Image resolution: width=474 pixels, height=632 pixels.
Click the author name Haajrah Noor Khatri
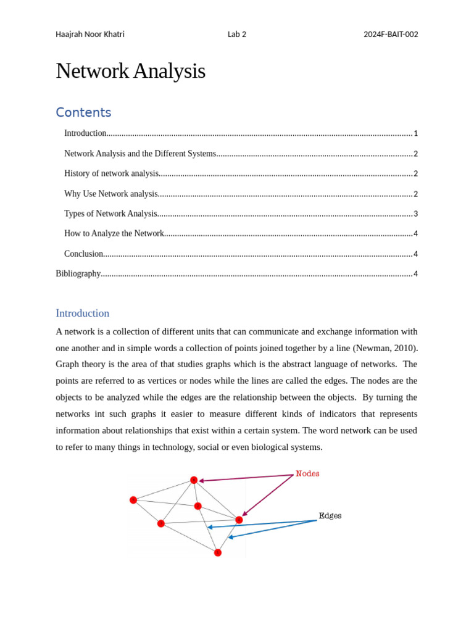[90, 35]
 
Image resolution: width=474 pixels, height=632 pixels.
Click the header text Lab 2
[236, 35]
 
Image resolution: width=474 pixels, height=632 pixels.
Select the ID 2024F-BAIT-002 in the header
[391, 35]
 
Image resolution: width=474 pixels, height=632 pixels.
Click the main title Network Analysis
[130, 71]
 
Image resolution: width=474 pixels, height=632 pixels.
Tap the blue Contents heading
[83, 112]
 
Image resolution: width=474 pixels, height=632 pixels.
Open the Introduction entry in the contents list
[85, 133]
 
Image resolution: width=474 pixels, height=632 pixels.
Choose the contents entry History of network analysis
[112, 174]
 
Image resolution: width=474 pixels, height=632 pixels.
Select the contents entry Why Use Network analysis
[111, 194]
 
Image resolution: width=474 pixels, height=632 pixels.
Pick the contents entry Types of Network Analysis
[111, 214]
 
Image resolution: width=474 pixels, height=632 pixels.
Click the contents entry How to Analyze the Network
[114, 234]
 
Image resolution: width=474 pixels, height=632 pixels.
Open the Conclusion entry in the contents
[83, 254]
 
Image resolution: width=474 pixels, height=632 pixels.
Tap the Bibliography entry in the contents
[78, 274]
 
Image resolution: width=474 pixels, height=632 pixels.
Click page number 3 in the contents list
[416, 214]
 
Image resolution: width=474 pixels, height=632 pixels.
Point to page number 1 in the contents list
[416, 134]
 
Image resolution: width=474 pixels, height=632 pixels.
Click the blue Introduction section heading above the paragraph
[82, 313]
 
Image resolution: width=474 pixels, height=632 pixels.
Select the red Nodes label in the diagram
[307, 474]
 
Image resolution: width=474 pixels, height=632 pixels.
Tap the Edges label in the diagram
[330, 516]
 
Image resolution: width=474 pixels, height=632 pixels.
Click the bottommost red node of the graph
[218, 552]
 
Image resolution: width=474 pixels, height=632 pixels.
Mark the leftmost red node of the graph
[133, 500]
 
